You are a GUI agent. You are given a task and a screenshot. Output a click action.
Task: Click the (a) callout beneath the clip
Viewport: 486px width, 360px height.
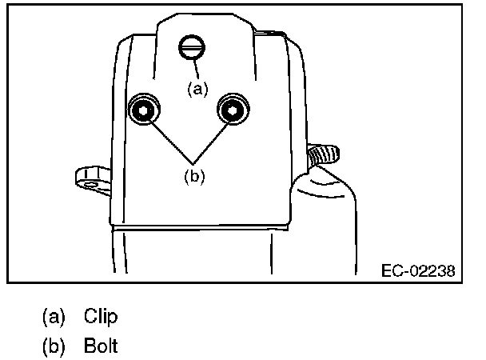197,89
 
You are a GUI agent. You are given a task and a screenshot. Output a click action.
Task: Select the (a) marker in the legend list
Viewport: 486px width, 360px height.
54,317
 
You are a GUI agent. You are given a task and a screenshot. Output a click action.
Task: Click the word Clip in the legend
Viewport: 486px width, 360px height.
101,317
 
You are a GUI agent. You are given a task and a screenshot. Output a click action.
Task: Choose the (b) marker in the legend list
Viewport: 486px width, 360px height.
54,348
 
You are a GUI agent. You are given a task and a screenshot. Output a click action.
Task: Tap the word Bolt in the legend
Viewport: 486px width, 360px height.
102,348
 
